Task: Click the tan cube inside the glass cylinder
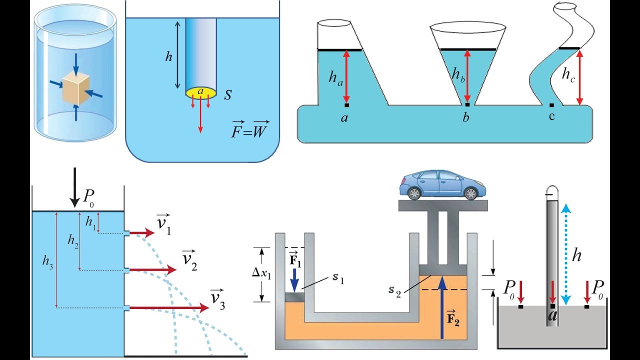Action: (x=76, y=88)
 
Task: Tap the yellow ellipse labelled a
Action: (x=201, y=92)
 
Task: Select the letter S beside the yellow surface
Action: (x=227, y=94)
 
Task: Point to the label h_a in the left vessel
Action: (x=336, y=77)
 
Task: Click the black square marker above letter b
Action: (x=467, y=105)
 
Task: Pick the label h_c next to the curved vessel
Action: (x=568, y=75)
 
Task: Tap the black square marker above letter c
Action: (x=551, y=105)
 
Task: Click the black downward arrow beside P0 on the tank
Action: (x=75, y=187)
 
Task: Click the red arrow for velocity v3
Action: (x=169, y=307)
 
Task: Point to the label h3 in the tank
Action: (x=47, y=261)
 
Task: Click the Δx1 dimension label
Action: (x=261, y=273)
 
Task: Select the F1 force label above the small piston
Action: (x=295, y=259)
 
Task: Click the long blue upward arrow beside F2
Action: (x=442, y=307)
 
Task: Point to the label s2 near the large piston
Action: (x=395, y=291)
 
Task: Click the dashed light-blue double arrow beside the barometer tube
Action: (x=565, y=254)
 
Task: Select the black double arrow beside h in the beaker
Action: (x=177, y=55)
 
